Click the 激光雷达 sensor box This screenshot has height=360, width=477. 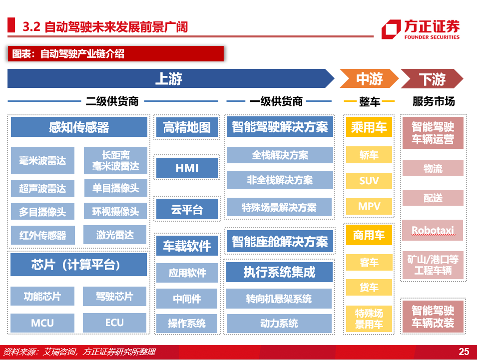pyautogui.click(x=115, y=235)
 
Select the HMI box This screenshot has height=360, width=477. pyautogui.click(x=187, y=168)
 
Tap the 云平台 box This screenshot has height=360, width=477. pyautogui.click(x=187, y=209)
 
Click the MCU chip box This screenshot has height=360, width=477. pyautogui.click(x=42, y=323)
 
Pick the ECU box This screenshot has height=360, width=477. pyautogui.click(x=114, y=323)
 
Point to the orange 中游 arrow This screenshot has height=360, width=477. pyautogui.click(x=369, y=79)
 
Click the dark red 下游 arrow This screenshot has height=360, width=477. pyautogui.click(x=432, y=79)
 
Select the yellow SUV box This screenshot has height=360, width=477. pyautogui.click(x=369, y=181)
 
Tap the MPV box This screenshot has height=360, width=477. pyautogui.click(x=369, y=206)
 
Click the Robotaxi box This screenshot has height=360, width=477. pyautogui.click(x=433, y=230)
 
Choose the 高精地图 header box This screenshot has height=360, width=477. pyautogui.click(x=187, y=127)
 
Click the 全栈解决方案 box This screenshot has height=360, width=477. pyautogui.click(x=280, y=155)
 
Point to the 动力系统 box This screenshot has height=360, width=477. pyautogui.click(x=279, y=323)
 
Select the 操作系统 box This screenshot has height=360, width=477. pyautogui.click(x=187, y=323)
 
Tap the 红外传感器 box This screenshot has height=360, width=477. pyautogui.click(x=42, y=235)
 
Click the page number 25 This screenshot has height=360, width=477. pyautogui.click(x=464, y=352)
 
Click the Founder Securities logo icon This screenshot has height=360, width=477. pyautogui.click(x=391, y=29)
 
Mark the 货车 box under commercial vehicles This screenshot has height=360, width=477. pyautogui.click(x=369, y=287)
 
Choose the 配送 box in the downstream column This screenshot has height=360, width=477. pyautogui.click(x=433, y=198)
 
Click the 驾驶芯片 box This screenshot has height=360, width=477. pyautogui.click(x=114, y=296)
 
